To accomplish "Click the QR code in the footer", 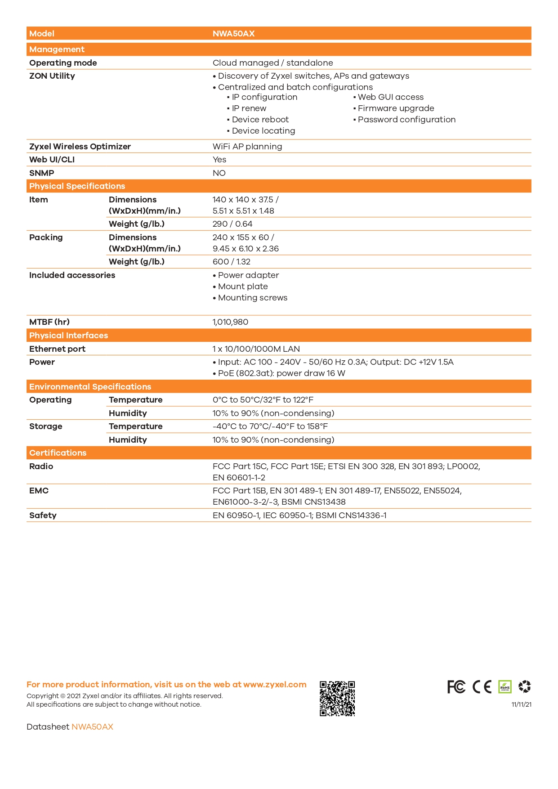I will click(x=337, y=698).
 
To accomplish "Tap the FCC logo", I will click(x=456, y=687).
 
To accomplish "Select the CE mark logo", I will click(x=482, y=687).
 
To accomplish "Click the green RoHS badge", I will click(x=505, y=687).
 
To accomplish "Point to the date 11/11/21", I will click(x=521, y=704).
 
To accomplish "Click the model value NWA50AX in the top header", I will click(x=233, y=34).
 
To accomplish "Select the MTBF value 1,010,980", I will click(x=230, y=322).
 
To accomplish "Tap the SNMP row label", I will click(x=41, y=173).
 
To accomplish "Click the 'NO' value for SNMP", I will click(x=219, y=173).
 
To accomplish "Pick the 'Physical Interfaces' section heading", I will click(x=68, y=336).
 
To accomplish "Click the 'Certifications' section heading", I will click(x=58, y=453).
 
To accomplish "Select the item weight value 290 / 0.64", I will click(x=232, y=224).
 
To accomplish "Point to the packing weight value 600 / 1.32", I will click(x=231, y=262).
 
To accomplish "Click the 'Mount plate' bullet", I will click(x=243, y=287).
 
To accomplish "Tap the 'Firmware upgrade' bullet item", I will click(x=396, y=108).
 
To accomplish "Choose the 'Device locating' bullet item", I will click(x=263, y=131).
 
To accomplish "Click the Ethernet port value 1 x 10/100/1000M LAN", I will click(x=256, y=349).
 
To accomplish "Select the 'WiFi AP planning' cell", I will click(x=247, y=147).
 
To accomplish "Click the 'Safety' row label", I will click(x=43, y=516).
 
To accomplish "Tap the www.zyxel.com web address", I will click(x=275, y=685).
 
